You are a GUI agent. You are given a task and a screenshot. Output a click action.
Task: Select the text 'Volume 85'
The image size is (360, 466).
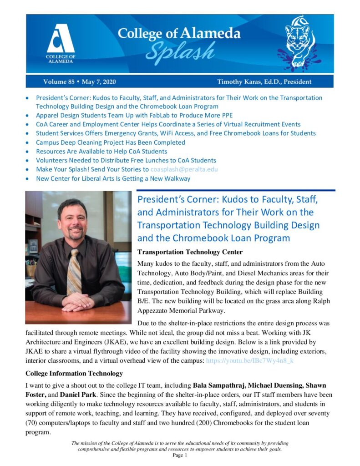58,82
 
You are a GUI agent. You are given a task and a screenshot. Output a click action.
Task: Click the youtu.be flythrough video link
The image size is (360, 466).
250,360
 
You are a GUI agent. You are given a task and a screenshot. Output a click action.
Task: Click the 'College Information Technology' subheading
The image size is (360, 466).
74,374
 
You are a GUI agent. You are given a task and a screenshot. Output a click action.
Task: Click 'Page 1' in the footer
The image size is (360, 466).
180,456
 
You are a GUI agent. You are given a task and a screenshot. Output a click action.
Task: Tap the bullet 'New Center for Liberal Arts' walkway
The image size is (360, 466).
113,178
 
